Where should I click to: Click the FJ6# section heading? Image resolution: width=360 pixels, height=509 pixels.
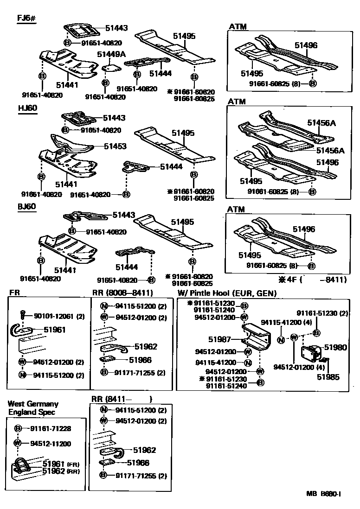pyautogui.click(x=27, y=19)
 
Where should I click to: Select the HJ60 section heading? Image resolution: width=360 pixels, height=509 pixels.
pyautogui.click(x=27, y=108)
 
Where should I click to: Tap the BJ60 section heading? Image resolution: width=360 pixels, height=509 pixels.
pyautogui.click(x=27, y=206)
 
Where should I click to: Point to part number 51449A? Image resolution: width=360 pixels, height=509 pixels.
pyautogui.click(x=111, y=54)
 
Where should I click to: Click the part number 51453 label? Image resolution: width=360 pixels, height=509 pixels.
pyautogui.click(x=115, y=146)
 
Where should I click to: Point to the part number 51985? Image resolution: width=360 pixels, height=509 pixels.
pyautogui.click(x=328, y=377)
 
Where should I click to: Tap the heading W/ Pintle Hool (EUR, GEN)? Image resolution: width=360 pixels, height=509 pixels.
pyautogui.click(x=227, y=293)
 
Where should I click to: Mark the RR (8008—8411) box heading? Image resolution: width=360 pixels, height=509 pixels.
pyautogui.click(x=122, y=293)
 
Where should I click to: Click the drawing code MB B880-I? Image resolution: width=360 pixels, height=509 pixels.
pyautogui.click(x=323, y=494)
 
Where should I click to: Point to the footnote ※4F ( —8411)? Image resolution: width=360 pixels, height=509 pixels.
pyautogui.click(x=312, y=280)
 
